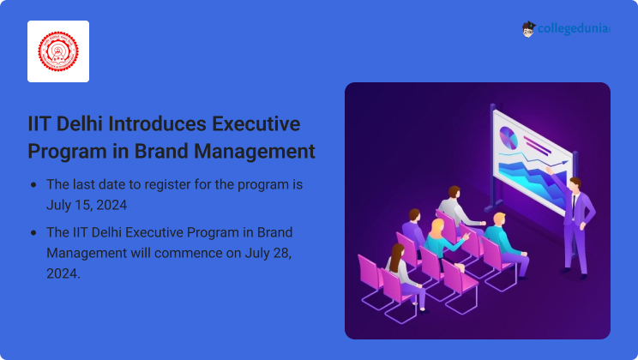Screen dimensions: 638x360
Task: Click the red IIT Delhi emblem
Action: click(58, 51)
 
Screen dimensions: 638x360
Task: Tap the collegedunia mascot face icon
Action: click(528, 29)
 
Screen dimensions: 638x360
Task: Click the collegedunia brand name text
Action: click(574, 29)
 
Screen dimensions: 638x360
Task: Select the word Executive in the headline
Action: click(256, 123)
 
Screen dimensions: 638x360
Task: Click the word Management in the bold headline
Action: click(255, 152)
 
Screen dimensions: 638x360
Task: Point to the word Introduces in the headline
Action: click(157, 123)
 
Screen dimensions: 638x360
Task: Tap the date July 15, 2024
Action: click(87, 205)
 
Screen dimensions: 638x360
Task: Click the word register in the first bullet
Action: click(167, 185)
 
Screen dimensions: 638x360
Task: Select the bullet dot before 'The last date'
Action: click(33, 185)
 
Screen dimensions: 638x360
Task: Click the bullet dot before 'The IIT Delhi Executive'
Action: click(33, 233)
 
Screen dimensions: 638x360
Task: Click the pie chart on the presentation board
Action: click(509, 137)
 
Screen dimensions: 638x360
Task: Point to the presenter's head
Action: click(575, 184)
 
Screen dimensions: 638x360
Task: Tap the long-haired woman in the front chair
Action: click(406, 278)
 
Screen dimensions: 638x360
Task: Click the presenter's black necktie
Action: click(574, 206)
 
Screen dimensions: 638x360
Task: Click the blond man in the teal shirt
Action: click(505, 244)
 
